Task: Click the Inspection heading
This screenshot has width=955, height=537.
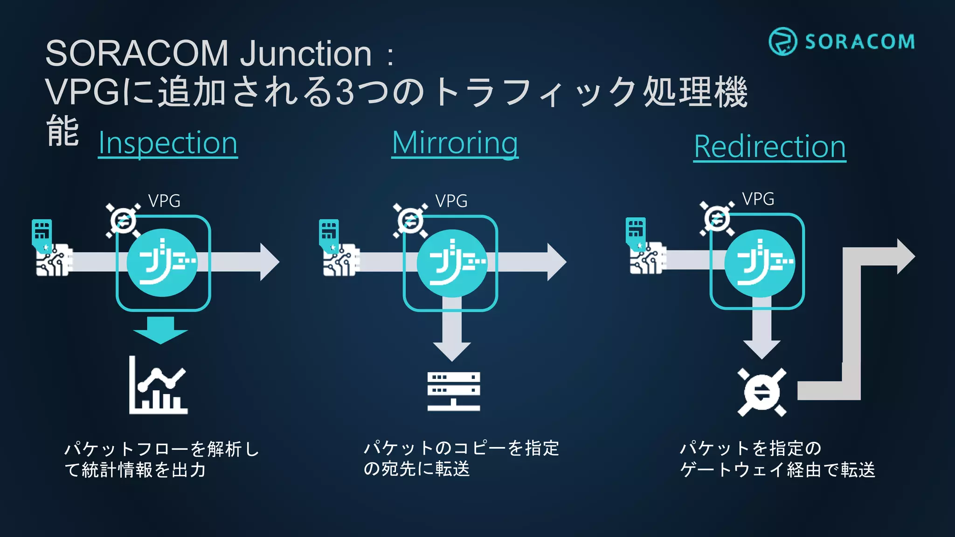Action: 168,143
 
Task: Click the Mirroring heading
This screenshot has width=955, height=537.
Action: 455,143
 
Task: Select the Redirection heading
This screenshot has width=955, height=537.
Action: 770,147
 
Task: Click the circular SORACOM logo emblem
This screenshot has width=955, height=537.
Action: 782,41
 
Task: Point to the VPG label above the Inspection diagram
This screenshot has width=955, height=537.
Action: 164,201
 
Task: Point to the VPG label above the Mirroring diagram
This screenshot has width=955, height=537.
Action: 451,201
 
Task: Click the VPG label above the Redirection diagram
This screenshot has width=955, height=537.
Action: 758,199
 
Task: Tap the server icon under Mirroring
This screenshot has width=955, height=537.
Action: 454,391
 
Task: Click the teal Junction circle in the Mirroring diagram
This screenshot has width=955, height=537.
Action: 451,263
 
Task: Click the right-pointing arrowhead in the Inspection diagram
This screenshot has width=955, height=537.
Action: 269,262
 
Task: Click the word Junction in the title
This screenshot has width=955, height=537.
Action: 305,54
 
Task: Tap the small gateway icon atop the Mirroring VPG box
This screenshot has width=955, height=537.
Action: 410,220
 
